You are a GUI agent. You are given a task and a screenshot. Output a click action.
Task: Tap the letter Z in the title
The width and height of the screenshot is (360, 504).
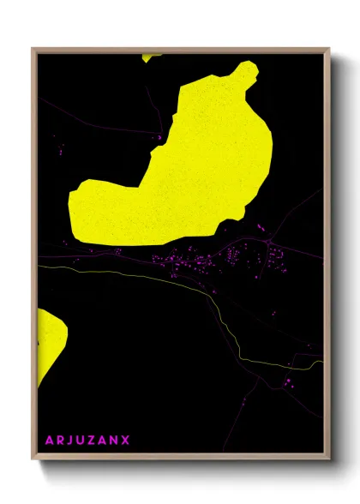(94, 441)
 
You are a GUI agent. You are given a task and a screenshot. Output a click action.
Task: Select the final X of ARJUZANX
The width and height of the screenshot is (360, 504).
(126, 441)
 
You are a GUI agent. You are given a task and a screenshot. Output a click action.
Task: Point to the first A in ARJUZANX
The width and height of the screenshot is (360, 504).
(49, 441)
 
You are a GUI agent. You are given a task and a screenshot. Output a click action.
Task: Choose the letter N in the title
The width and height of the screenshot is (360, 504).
(116, 441)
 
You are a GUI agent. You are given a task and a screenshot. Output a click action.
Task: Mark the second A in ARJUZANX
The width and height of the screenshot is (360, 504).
(105, 441)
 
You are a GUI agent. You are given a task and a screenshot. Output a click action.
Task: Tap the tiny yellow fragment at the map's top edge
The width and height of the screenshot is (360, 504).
(151, 57)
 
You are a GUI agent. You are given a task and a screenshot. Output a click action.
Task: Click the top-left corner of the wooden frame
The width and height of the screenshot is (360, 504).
(33, 49)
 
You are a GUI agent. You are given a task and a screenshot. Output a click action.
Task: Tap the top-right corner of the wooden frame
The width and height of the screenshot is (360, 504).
(329, 49)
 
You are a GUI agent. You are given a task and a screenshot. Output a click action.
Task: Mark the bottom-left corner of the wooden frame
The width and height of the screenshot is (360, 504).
(33, 459)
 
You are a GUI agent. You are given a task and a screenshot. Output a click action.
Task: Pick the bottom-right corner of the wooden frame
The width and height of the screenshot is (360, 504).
(329, 459)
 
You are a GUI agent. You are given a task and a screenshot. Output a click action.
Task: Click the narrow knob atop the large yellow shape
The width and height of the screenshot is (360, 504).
(246, 74)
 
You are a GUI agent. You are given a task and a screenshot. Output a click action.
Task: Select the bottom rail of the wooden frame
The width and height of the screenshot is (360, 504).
(180, 458)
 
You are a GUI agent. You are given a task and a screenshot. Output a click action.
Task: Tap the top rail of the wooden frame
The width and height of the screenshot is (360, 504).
(180, 50)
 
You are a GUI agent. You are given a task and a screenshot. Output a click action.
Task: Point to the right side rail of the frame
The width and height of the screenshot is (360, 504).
(327, 257)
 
